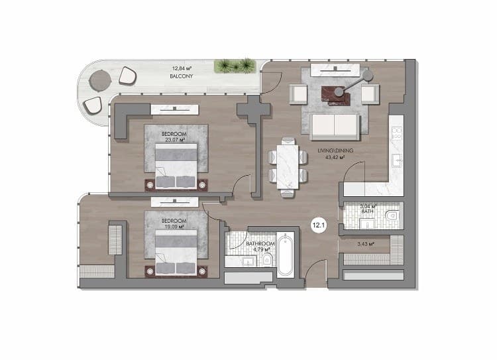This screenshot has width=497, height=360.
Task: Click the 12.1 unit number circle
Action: coord(319,225)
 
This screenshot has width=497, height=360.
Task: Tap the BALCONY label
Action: coord(182,76)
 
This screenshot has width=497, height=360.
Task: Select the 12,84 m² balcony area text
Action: coord(182,68)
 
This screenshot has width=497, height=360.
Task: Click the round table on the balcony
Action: coord(100,81)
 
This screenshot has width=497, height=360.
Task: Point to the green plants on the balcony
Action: coord(235,66)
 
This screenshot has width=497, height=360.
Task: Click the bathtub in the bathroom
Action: coord(285,255)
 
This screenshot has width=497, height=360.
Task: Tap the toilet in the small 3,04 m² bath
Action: coord(392,216)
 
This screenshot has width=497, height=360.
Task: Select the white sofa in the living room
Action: coord(335,127)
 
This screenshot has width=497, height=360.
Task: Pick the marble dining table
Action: coord(288,167)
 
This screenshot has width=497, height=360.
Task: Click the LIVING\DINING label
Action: coord(335,150)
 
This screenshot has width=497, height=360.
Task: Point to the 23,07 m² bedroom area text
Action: coord(175,140)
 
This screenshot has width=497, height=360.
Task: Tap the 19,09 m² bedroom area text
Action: coord(174,227)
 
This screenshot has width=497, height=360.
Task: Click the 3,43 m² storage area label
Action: coord(366,244)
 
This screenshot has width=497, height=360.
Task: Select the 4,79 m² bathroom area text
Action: coord(262,249)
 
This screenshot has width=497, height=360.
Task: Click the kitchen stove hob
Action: coord(397,133)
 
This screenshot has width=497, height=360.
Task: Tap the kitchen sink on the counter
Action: coord(397,160)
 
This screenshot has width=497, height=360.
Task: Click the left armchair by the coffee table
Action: coord(298,94)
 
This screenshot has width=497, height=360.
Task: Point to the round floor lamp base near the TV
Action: coord(368,75)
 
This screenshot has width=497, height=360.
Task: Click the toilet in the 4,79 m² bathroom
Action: coord(267,260)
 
